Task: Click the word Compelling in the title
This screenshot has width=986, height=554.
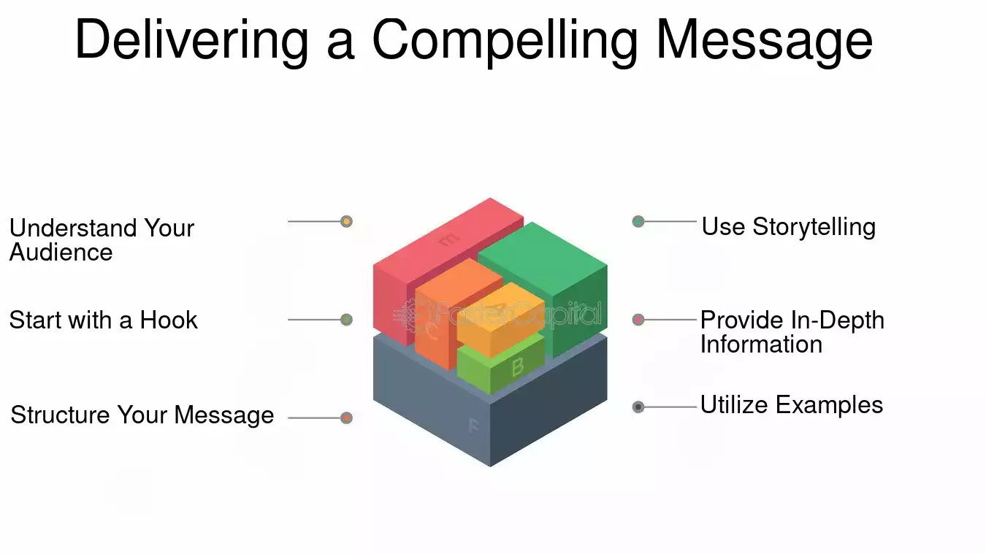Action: pyautogui.click(x=505, y=42)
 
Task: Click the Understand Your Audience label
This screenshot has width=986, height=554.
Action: pyautogui.click(x=102, y=240)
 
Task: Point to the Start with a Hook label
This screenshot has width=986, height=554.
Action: pyautogui.click(x=104, y=320)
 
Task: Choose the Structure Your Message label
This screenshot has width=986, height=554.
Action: pyautogui.click(x=142, y=415)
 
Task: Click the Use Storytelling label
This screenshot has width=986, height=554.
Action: pyautogui.click(x=788, y=227)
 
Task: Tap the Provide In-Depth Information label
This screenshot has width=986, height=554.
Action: pyautogui.click(x=792, y=332)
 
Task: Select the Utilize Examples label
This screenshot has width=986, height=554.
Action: pyautogui.click(x=792, y=405)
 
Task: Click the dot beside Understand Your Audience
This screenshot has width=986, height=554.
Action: pyautogui.click(x=346, y=221)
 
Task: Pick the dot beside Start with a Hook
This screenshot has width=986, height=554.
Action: pyautogui.click(x=346, y=320)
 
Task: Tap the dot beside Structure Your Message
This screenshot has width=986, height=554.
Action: pyautogui.click(x=346, y=418)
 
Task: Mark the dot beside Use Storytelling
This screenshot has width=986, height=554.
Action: pyautogui.click(x=638, y=221)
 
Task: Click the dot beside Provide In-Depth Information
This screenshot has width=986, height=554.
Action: pyautogui.click(x=638, y=320)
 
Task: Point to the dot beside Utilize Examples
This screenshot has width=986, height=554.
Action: pyautogui.click(x=638, y=407)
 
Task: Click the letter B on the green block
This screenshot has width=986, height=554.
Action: pyautogui.click(x=518, y=366)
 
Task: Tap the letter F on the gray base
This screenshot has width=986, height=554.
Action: pyautogui.click(x=474, y=426)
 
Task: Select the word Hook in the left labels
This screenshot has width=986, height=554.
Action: pyautogui.click(x=169, y=320)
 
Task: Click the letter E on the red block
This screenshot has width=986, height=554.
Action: pyautogui.click(x=449, y=240)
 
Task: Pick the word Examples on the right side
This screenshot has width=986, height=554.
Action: pyautogui.click(x=829, y=405)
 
